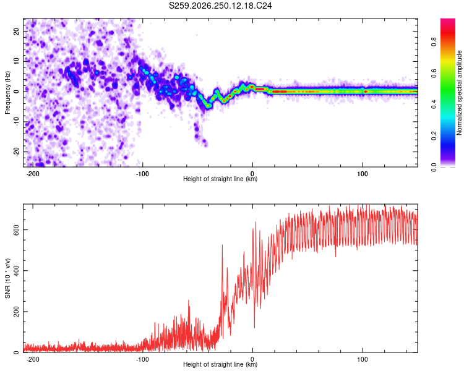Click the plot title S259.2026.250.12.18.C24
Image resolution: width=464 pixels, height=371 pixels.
pyautogui.click(x=220, y=6)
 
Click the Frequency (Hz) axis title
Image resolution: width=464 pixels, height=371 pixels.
pyautogui.click(x=7, y=93)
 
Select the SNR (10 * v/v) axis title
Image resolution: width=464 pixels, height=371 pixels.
pyautogui.click(x=7, y=278)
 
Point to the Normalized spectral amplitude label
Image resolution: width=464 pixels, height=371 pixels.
pyautogui.click(x=459, y=93)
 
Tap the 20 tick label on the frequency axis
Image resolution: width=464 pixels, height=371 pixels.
pyautogui.click(x=16, y=32)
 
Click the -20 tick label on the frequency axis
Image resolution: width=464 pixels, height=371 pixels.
pyautogui.click(x=16, y=151)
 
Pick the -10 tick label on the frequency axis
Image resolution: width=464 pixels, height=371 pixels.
pyautogui.click(x=16, y=121)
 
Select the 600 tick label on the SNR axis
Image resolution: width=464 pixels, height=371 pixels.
pyautogui.click(x=16, y=229)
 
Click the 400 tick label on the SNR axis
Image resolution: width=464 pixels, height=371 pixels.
pyautogui.click(x=16, y=270)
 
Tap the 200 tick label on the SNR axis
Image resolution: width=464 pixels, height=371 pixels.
pyautogui.click(x=16, y=311)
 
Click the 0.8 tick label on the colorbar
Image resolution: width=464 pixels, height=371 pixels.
pyautogui.click(x=434, y=41)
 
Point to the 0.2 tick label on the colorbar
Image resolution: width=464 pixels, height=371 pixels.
pyautogui.click(x=434, y=136)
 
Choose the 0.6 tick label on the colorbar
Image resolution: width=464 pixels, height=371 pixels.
pyautogui.click(x=434, y=73)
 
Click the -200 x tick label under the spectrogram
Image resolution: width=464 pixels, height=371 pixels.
pyautogui.click(x=33, y=174)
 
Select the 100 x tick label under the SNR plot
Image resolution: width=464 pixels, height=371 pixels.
pyautogui.click(x=363, y=359)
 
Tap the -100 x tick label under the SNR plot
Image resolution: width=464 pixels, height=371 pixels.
pyautogui.click(x=142, y=359)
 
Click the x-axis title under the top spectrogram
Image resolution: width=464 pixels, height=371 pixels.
pyautogui.click(x=220, y=179)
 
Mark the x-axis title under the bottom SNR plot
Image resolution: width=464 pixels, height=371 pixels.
pyautogui.click(x=220, y=364)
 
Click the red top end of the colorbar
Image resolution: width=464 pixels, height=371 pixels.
pyautogui.click(x=448, y=20)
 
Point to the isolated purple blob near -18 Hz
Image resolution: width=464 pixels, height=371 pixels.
pyautogui.click(x=205, y=143)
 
